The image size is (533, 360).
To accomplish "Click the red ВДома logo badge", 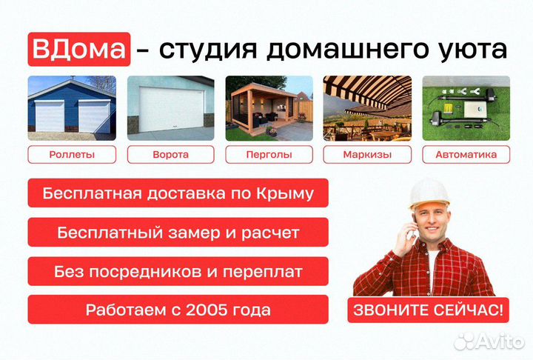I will [x=80, y=49].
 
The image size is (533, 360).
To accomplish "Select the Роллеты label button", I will [x=72, y=155].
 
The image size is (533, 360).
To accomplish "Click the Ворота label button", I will [x=170, y=155].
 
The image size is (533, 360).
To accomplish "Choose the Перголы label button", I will [x=269, y=155].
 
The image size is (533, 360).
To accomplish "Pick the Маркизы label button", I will [x=367, y=155].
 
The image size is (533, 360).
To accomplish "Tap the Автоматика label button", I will [x=466, y=155].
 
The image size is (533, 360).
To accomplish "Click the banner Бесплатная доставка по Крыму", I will [x=178, y=194].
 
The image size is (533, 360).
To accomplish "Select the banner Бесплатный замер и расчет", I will [x=178, y=233].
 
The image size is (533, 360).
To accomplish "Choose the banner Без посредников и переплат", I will [x=178, y=271].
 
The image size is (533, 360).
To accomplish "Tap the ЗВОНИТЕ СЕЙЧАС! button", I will [x=429, y=309].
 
